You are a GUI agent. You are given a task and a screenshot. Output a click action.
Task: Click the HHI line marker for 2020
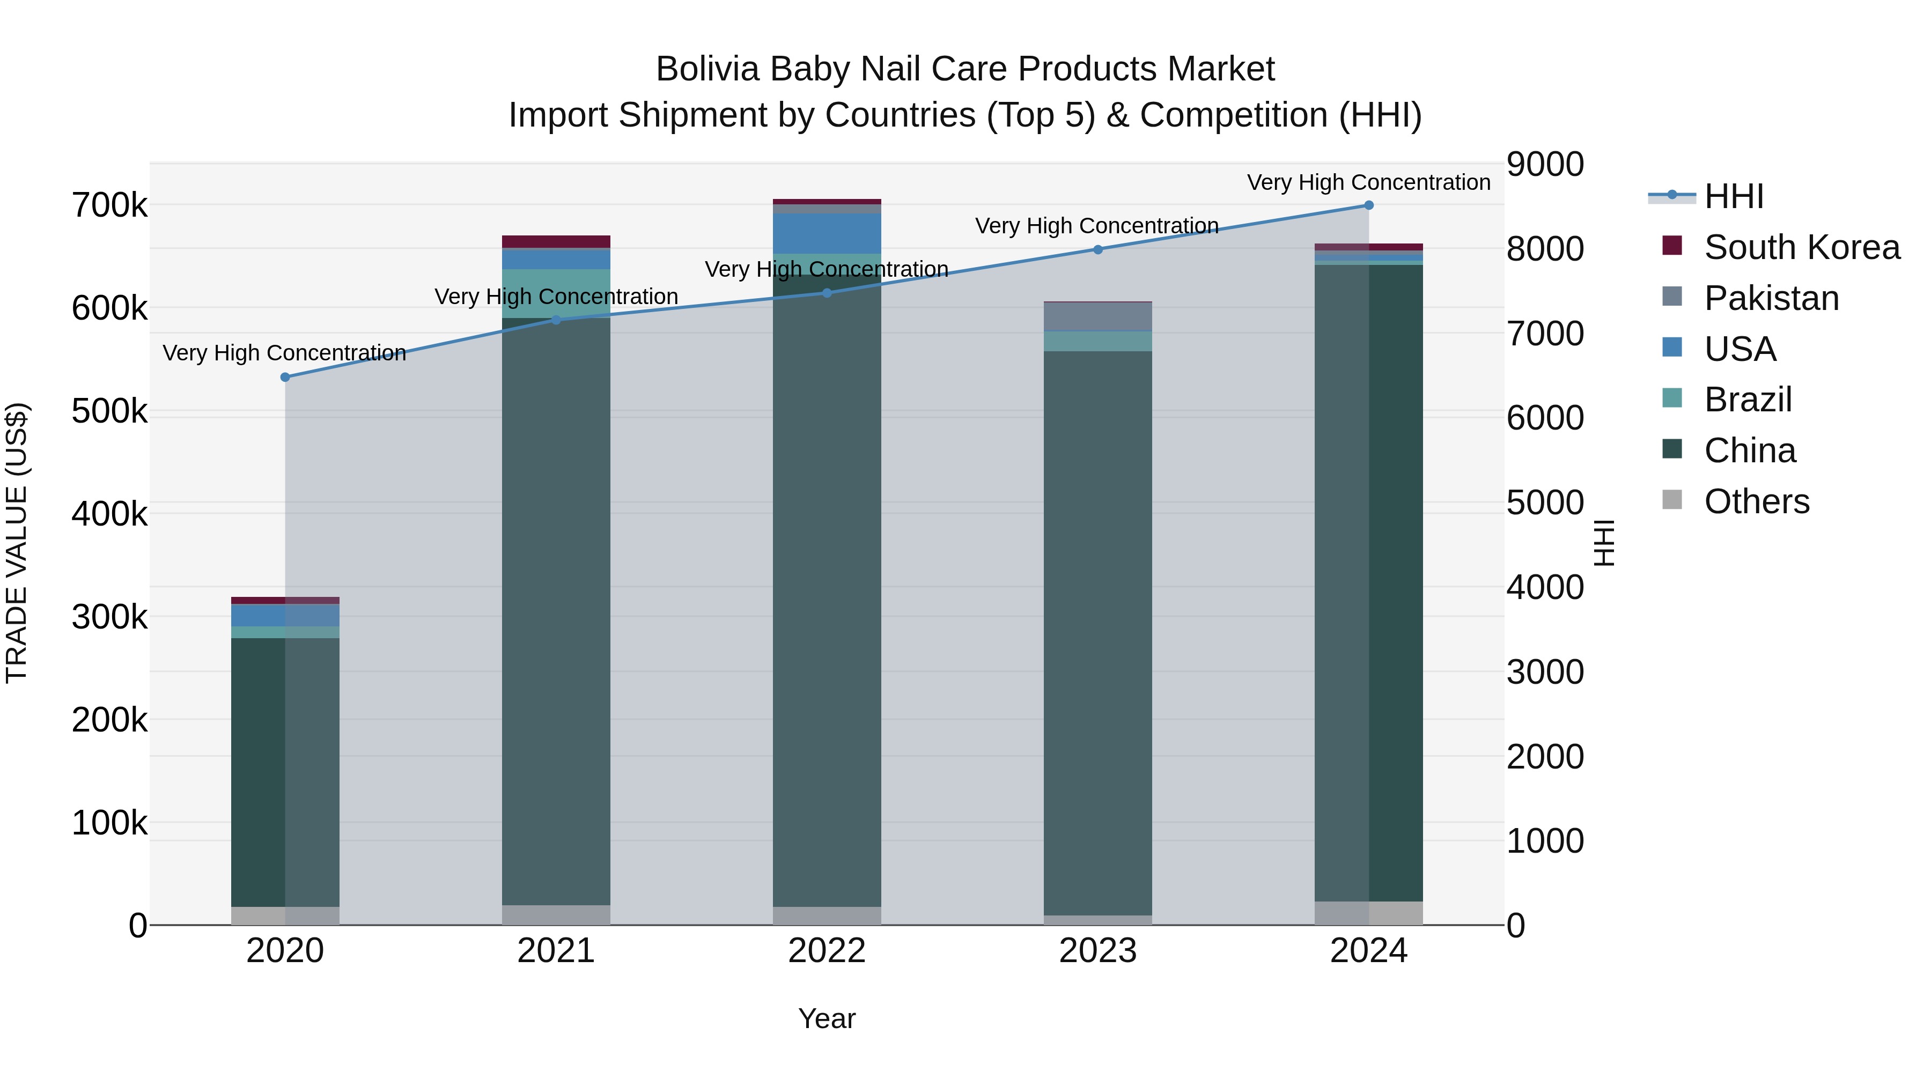point(285,377)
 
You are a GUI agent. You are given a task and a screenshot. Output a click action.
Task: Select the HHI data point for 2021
point(556,320)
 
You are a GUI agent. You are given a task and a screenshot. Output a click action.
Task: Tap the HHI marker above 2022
point(827,293)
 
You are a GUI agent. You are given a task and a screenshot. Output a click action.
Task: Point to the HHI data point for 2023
point(1098,249)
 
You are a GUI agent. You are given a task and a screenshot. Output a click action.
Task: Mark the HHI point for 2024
point(1369,205)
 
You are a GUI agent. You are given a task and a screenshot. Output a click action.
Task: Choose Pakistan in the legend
point(1771,298)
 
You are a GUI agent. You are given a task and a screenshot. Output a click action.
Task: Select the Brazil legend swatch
point(1672,398)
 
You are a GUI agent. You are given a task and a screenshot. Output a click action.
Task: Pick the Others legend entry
point(1756,501)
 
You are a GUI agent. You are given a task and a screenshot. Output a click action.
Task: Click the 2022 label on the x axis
point(827,951)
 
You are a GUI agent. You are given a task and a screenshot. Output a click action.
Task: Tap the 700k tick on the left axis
point(109,205)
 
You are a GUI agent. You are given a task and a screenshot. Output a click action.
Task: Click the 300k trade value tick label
point(109,618)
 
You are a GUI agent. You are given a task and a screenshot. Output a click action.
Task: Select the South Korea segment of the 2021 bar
point(556,241)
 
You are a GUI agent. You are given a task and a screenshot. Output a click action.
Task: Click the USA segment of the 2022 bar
point(827,233)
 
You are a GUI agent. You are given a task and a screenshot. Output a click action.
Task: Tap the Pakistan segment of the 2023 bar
point(1098,316)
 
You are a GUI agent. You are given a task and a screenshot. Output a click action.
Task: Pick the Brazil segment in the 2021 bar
point(556,293)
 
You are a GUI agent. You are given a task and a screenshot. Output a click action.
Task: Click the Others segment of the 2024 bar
point(1369,913)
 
